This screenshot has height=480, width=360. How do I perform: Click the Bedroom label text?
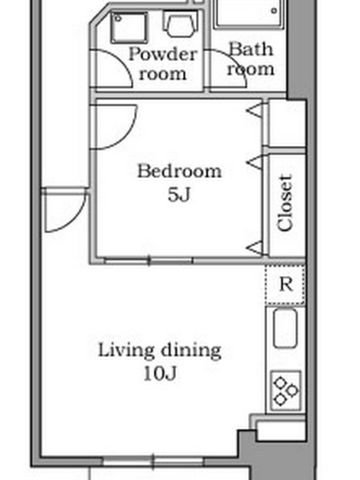pos(179,171)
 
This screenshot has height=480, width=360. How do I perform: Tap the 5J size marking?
pos(179,194)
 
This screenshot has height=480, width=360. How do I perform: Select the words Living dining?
pos(160,351)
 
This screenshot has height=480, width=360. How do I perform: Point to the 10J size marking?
pos(160,373)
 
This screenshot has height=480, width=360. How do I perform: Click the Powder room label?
pos(163,64)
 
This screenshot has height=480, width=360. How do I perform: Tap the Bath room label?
pos(250,59)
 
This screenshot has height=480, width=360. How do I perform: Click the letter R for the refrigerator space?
pos(286,284)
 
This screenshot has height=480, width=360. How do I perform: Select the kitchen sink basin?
pos(285,328)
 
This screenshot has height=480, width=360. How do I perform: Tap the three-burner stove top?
pos(286,391)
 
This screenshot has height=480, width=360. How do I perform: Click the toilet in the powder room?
pos(181,22)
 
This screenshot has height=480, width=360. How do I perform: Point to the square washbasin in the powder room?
pos(128,27)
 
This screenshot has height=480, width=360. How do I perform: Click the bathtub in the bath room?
pos(250,14)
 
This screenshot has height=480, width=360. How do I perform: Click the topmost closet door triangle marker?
pos(254,110)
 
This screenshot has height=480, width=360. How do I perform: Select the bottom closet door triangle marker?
pos(254,248)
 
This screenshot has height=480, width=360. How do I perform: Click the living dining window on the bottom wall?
pos(153,461)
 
